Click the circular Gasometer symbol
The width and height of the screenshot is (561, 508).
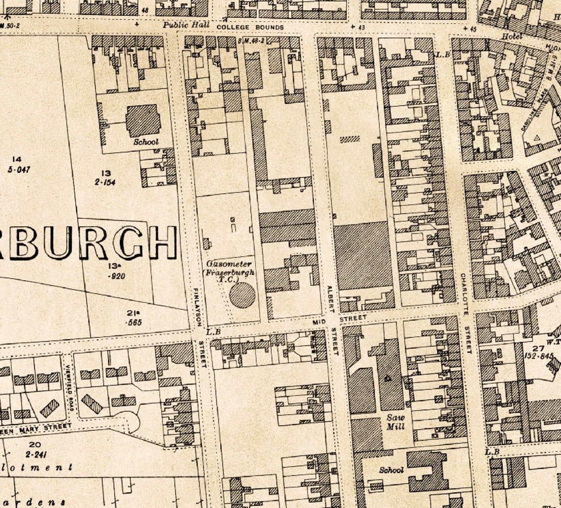point(242,295)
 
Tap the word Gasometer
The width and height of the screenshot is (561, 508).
point(229,264)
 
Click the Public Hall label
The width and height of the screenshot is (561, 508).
point(187,25)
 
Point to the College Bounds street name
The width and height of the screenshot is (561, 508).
point(250,27)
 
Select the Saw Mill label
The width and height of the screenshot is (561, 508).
point(395,422)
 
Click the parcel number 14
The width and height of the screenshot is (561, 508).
point(17,159)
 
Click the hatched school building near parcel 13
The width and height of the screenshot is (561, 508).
point(143,120)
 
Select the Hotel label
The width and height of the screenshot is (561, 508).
point(512,36)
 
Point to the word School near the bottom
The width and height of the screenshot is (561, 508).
point(391,470)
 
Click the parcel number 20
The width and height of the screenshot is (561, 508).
point(34,445)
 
